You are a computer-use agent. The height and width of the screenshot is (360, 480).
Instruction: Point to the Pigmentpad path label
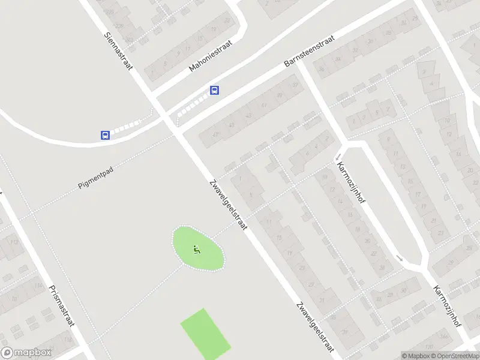[96, 178]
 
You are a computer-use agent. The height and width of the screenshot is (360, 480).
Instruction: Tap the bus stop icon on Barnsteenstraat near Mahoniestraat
[214, 91]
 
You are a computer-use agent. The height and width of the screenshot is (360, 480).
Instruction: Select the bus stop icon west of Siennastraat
[106, 136]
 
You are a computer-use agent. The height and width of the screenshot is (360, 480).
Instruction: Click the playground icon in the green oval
[197, 250]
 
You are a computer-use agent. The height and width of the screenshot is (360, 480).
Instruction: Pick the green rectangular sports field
[206, 335]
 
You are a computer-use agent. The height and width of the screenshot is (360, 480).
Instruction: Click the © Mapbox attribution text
[416, 356]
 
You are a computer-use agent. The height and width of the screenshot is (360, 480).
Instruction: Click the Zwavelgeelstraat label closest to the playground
[228, 206]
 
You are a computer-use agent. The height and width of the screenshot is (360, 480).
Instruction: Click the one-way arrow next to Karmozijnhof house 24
[400, 258]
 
